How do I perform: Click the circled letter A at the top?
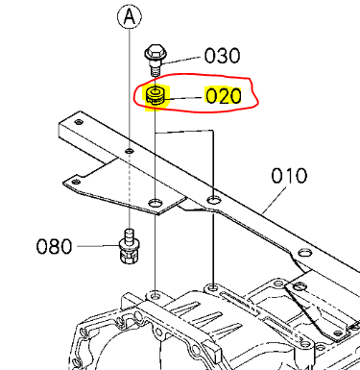[x=130, y=14]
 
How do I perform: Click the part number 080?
[x=54, y=246]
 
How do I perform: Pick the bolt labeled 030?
[x=155, y=57]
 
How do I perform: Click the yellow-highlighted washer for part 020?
[x=155, y=96]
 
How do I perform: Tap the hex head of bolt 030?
[x=155, y=51]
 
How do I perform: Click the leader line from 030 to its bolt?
[x=183, y=56]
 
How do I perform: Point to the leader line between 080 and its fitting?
[x=96, y=246]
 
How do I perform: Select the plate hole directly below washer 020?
[x=155, y=204]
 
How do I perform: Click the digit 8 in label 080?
[x=54, y=246]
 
